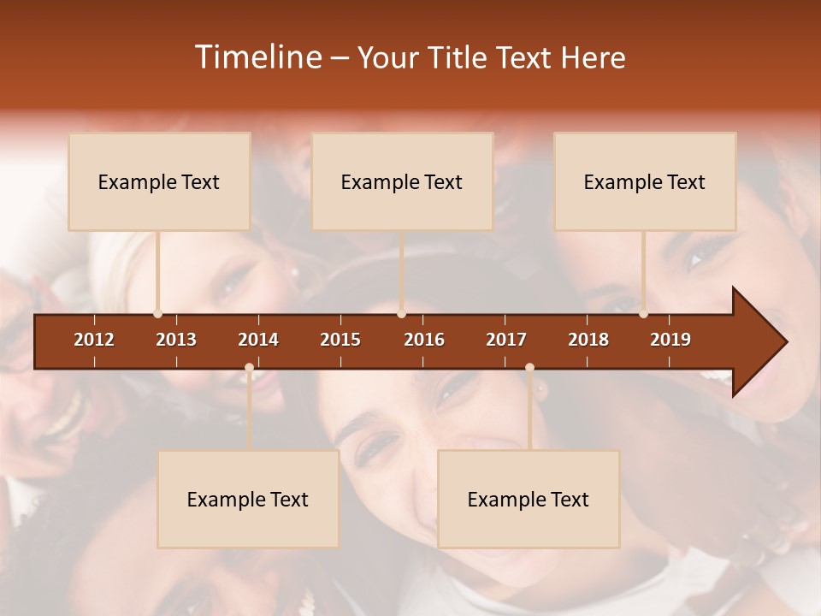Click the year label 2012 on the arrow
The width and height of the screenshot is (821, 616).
(x=94, y=340)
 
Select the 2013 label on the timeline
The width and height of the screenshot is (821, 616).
(x=176, y=340)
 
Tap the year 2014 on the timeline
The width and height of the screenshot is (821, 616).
(x=258, y=340)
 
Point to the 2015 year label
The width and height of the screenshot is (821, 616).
(x=340, y=340)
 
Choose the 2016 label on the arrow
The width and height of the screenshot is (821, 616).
(x=424, y=340)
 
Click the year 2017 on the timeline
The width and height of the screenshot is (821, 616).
(x=506, y=340)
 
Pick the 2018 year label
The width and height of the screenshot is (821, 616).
(x=588, y=340)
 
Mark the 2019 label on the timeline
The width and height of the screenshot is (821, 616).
(x=670, y=340)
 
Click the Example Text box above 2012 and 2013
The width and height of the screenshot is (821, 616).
(x=159, y=181)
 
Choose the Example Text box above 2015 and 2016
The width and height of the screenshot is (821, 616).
(x=402, y=181)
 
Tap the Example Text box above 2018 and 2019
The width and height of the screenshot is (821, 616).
(x=645, y=181)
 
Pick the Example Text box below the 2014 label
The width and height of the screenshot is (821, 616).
(x=248, y=499)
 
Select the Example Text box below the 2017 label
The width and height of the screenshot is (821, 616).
(x=529, y=499)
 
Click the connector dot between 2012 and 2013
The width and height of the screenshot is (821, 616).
(x=157, y=314)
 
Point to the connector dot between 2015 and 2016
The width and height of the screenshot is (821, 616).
(x=401, y=314)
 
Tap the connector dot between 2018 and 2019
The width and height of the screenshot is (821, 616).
(x=643, y=314)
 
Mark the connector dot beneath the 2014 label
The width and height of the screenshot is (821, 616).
(x=249, y=367)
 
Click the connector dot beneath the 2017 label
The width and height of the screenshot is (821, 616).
(x=529, y=367)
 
